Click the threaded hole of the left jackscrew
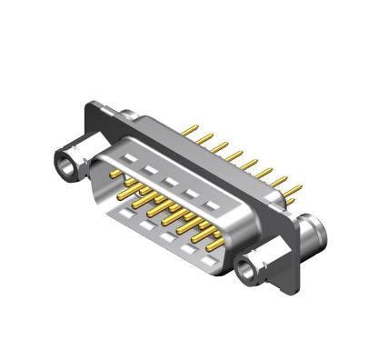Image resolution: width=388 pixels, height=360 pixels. (x=67, y=165)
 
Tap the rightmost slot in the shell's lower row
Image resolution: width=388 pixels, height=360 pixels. (x=207, y=262)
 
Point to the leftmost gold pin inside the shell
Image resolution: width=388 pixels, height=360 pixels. (x=115, y=173)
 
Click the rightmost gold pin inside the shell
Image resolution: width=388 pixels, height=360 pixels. (x=214, y=244)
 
